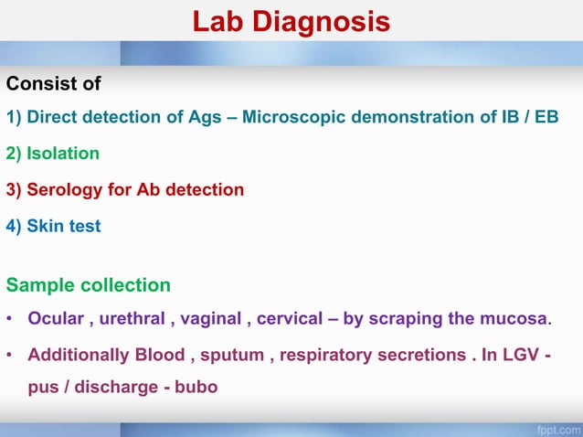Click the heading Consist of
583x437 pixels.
[53, 85]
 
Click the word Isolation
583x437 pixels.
[63, 154]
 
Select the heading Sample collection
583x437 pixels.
[88, 284]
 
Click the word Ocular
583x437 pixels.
[57, 319]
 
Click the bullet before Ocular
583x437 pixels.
[9, 320]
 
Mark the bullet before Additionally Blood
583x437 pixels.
[9, 356]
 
